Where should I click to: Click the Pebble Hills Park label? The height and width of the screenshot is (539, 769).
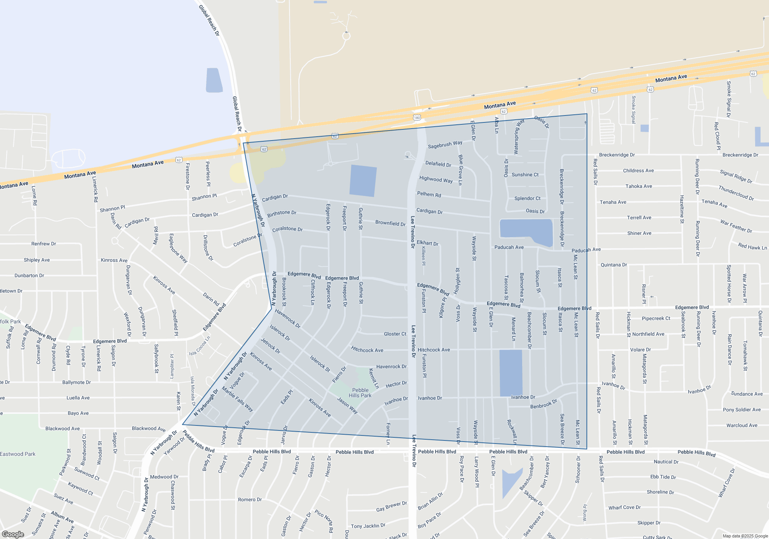click(x=360, y=393)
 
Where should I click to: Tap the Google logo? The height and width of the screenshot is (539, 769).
click(x=13, y=534)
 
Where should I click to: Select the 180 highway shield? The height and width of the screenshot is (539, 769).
click(x=417, y=117)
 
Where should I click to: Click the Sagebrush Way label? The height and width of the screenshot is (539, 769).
click(x=445, y=145)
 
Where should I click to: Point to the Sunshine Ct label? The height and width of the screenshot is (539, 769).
click(x=525, y=175)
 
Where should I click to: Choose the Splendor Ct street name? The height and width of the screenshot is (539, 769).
click(x=527, y=198)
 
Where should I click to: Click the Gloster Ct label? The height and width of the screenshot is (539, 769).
click(x=395, y=334)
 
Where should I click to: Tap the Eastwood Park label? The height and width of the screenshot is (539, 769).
click(x=18, y=454)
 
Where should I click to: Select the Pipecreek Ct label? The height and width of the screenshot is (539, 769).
click(x=656, y=318)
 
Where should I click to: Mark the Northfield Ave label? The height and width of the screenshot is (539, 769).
click(x=648, y=334)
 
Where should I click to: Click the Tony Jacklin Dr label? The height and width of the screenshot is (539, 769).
click(x=368, y=526)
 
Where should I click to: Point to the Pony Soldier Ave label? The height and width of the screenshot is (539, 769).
click(x=742, y=410)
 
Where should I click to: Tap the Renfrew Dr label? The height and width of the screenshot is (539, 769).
click(x=43, y=244)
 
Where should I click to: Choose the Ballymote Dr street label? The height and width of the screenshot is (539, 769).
click(x=77, y=382)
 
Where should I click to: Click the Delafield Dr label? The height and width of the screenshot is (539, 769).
click(x=438, y=164)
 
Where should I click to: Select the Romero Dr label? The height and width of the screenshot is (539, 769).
click(x=250, y=499)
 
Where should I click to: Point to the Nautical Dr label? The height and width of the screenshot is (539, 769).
click(x=666, y=462)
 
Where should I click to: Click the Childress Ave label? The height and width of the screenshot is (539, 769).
click(x=638, y=171)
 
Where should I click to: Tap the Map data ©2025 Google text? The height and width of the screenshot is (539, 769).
click(x=745, y=536)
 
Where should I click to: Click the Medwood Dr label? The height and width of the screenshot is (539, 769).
click(x=164, y=477)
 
